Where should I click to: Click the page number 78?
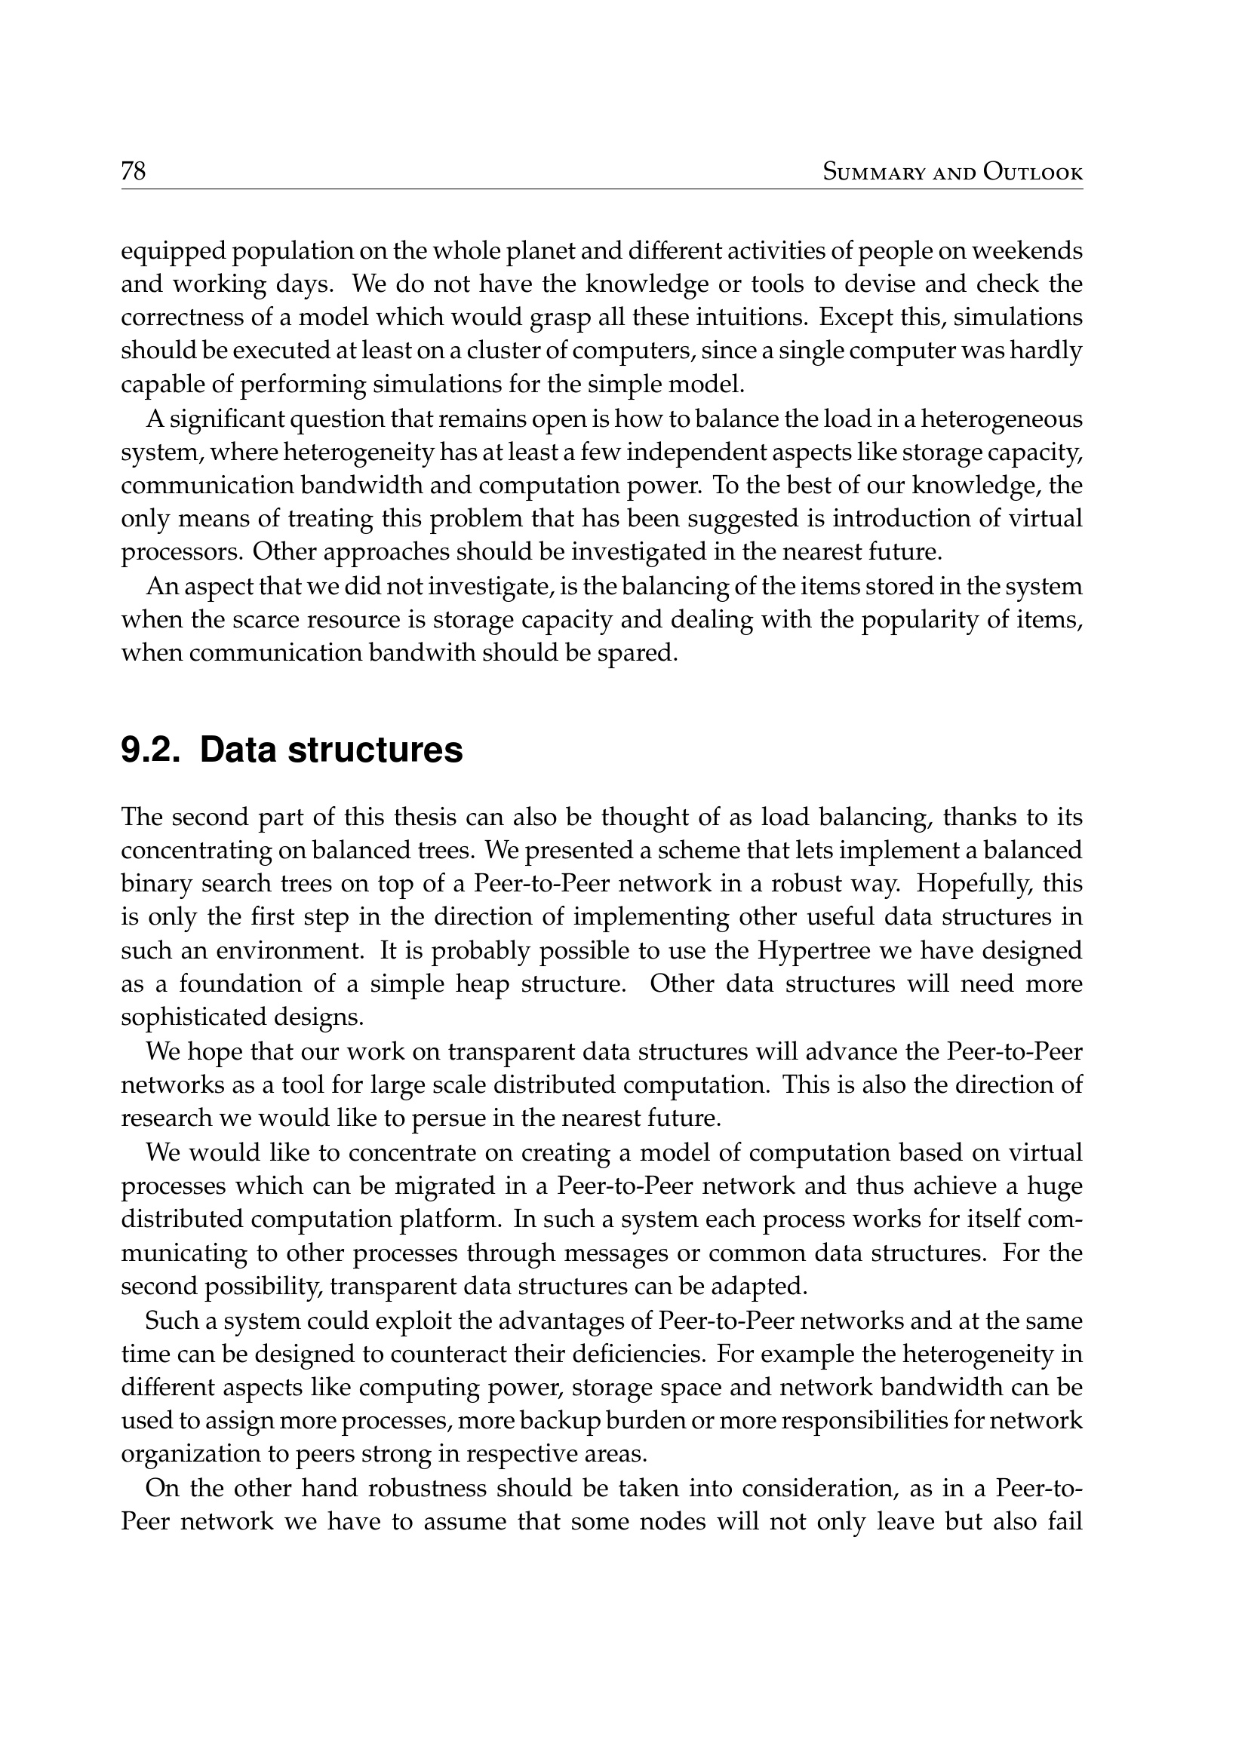click(133, 170)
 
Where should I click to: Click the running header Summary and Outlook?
click(952, 172)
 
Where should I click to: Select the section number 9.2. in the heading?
click(150, 750)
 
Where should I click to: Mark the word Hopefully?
click(972, 884)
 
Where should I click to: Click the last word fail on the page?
click(1065, 1521)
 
